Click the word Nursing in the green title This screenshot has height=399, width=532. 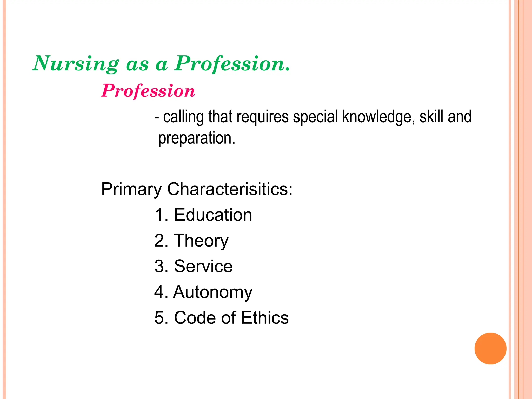pos(76,64)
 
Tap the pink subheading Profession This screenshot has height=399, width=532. pos(148,91)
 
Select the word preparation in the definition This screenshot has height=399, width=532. pos(197,138)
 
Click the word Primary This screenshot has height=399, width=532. pos(131,189)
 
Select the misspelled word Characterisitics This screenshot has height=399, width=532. pos(230,189)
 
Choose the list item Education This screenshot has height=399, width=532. pos(213,215)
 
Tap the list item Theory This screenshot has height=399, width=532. pos(201,241)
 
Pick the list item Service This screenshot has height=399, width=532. pos(203,266)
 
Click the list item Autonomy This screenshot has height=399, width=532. pos(212,292)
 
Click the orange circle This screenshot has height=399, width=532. pos(490,348)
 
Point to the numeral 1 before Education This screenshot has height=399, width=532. pos(159,215)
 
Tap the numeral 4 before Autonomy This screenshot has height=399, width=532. pos(159,292)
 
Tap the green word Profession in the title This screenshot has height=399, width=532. pos(232,64)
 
